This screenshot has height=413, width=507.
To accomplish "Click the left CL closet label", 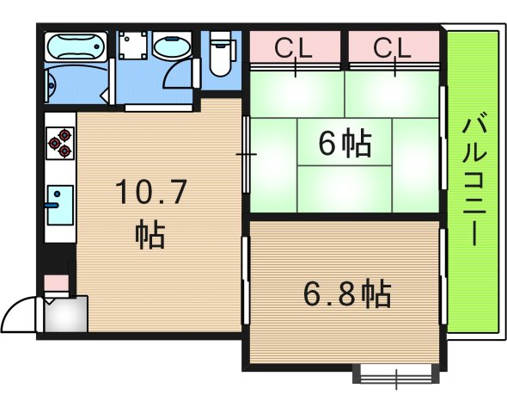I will pos(295,48).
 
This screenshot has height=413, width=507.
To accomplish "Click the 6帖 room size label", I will pos(344,144).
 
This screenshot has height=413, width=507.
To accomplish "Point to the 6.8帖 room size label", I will pos(346,294).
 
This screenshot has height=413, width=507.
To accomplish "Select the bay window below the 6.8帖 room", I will pos(396,374).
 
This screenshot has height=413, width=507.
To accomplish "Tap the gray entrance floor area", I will pos(65,315).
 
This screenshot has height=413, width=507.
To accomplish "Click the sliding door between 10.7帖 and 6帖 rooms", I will pos(246,155).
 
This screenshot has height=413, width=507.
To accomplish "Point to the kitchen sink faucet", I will pos(53,205).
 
